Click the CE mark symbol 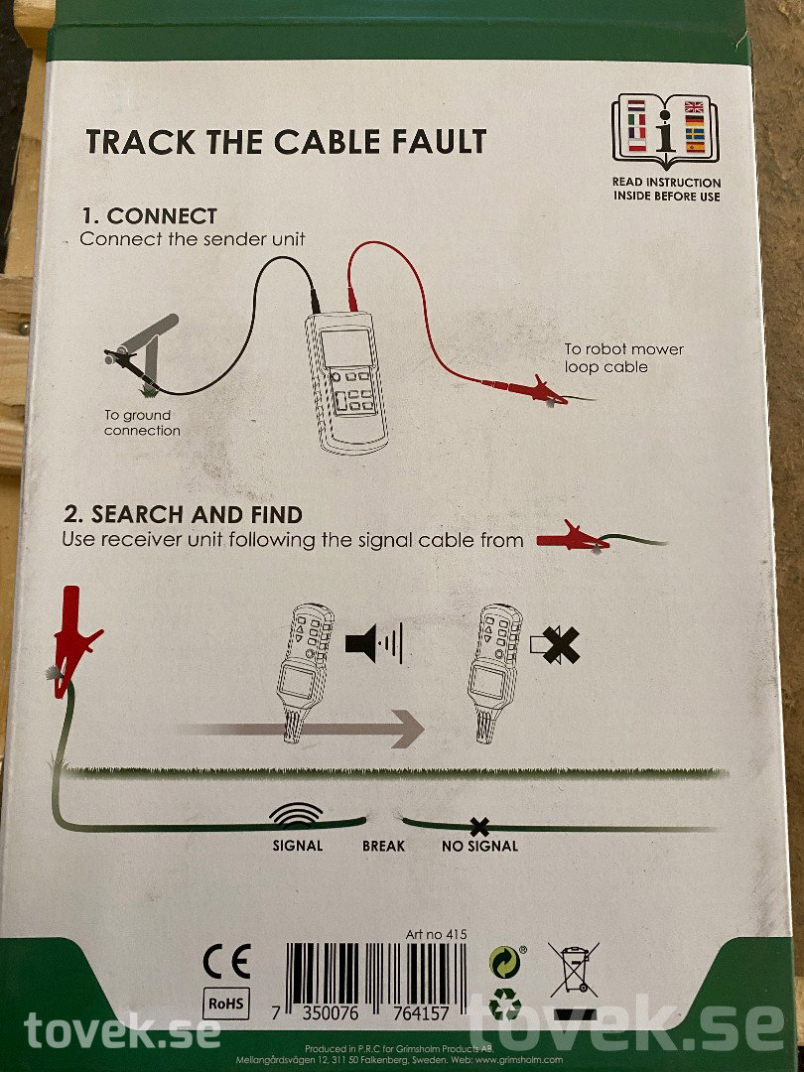227,961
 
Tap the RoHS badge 226,1004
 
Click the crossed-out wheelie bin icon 574,970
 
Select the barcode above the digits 376,975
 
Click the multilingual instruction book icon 665,130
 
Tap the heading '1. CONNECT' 149,216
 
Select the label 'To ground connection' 142,423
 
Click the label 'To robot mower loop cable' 623,358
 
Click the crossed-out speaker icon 555,645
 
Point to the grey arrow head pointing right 407,729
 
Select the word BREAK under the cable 383,846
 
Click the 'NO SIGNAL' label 480,846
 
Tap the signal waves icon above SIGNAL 296,815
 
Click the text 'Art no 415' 436,934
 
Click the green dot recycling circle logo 505,962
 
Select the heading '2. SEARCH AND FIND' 184,514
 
